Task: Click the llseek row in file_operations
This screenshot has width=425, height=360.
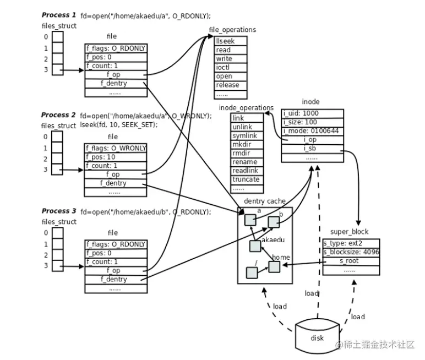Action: coord(230,41)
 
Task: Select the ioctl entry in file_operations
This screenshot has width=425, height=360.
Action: coord(230,68)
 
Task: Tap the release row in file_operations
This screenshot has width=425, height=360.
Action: coord(230,85)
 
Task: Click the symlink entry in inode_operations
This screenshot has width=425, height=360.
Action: coord(246,135)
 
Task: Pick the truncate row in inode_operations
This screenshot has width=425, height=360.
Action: coord(246,179)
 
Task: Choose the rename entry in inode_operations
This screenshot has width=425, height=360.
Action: coord(246,162)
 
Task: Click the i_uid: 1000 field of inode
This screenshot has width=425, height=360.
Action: coord(312,113)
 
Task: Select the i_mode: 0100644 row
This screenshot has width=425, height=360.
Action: coord(312,131)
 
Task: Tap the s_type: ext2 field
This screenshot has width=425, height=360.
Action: coord(351,243)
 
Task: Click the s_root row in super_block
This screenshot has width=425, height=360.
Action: coord(351,261)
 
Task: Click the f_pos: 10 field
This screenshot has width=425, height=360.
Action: coord(116,157)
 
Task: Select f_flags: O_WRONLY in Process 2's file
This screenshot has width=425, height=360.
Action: coord(116,148)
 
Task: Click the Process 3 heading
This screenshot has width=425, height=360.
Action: coord(58,211)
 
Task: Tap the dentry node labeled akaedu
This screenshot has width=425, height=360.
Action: coord(255,246)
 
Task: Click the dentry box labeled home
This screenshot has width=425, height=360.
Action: coord(274,266)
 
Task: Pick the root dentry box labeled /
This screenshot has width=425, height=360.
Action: coord(252,272)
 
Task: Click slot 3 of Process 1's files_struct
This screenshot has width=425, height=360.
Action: coord(57,70)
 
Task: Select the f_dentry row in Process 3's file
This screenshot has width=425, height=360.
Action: coord(116,280)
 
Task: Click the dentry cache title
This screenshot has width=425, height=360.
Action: coord(265,201)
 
